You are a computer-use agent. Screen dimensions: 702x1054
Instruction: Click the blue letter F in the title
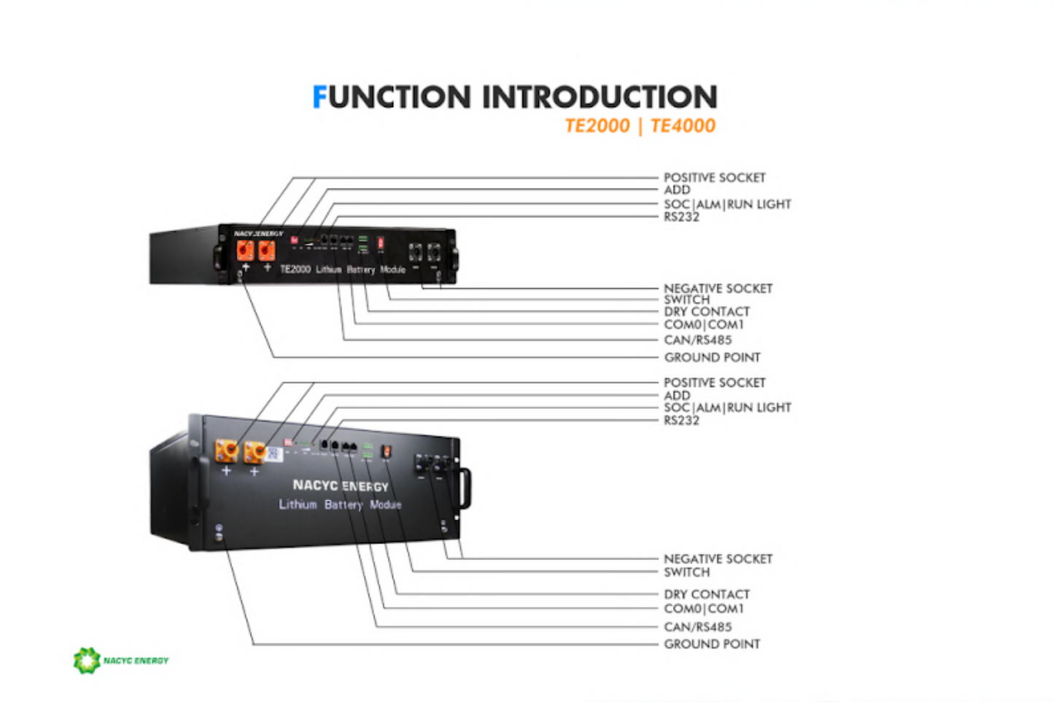pos(319,97)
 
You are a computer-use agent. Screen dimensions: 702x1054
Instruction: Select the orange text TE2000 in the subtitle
pos(597,125)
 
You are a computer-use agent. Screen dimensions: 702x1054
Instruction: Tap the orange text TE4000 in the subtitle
pos(683,125)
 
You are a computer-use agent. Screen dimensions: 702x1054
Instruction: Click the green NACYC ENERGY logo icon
pos(86,660)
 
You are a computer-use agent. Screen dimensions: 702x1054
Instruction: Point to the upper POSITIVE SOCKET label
pos(714,177)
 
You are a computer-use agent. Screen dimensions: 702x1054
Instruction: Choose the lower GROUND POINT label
pos(711,644)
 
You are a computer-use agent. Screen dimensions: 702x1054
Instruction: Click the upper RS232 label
pos(681,217)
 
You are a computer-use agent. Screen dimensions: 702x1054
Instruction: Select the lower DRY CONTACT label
pos(706,594)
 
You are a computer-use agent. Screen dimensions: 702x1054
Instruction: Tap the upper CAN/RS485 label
pos(697,340)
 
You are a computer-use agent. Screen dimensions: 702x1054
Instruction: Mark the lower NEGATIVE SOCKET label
pos(718,558)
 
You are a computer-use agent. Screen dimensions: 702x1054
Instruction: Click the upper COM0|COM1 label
pos(703,324)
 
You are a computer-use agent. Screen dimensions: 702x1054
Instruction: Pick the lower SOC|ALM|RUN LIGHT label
pos(726,407)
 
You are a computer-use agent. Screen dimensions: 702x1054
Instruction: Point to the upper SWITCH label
pos(686,300)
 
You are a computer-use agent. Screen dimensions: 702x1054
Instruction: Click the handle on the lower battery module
pos(465,488)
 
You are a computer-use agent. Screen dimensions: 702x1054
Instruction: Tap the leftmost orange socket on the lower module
pos(226,451)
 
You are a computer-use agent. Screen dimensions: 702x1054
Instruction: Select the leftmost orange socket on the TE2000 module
pos(245,250)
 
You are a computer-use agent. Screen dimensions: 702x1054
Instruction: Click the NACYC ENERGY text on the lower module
pos(340,485)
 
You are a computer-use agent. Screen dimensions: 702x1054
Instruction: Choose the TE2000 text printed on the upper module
pos(295,269)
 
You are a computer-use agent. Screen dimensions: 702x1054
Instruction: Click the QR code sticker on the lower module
pos(274,453)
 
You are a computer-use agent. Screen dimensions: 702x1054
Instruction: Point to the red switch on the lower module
pos(387,452)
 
